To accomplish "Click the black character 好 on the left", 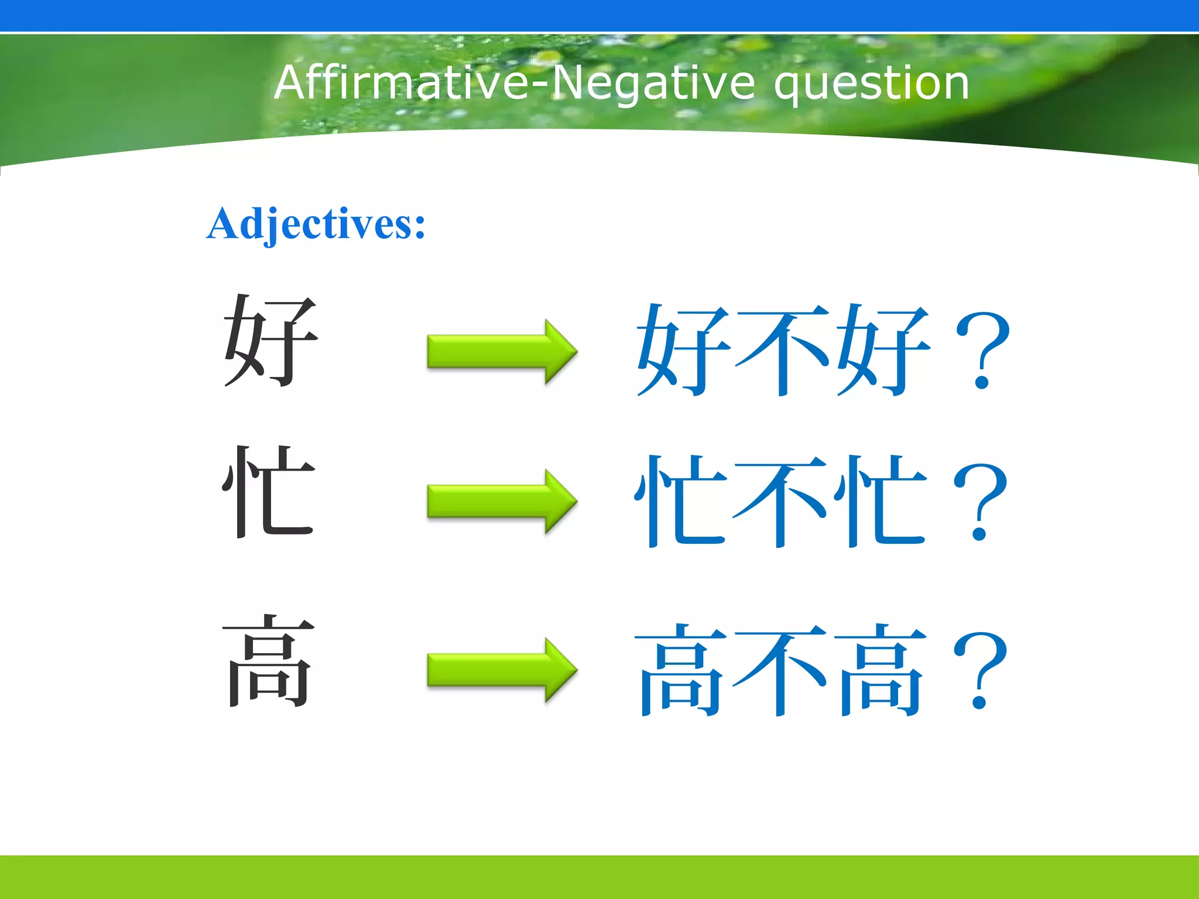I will coord(270,341).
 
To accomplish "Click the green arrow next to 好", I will coord(502,352).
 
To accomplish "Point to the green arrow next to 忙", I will coord(502,502).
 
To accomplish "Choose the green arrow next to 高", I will coord(502,670).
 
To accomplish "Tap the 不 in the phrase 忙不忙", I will coord(780,502).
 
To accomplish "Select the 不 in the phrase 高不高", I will coord(780,670).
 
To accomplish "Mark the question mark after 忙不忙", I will coord(979,502).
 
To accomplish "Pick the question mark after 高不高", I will coord(979,670).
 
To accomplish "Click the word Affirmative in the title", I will coord(402,83).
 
